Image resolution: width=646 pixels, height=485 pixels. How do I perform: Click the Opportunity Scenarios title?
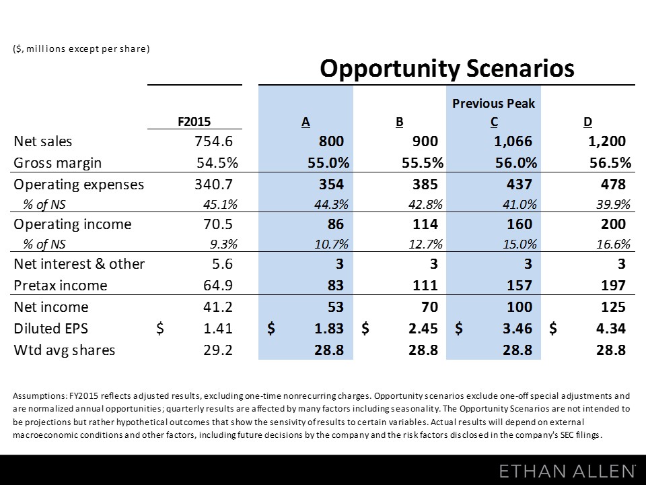(x=446, y=69)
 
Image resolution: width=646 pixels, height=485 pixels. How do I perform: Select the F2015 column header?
(x=194, y=122)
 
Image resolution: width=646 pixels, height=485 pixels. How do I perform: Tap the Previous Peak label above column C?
(x=494, y=104)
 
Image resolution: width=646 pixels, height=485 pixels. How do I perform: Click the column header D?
(x=587, y=122)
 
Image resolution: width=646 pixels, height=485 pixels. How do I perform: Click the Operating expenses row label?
(x=79, y=184)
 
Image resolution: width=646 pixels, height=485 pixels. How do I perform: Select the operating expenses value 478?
(x=613, y=184)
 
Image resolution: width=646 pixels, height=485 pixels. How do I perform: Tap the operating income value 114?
(x=425, y=224)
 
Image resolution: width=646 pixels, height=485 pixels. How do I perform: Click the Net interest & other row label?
(x=79, y=264)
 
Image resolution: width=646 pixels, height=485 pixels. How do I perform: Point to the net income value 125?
(x=613, y=307)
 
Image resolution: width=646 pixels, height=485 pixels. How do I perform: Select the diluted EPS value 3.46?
(x=517, y=329)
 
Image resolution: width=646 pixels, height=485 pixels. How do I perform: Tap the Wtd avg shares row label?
(x=65, y=350)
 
